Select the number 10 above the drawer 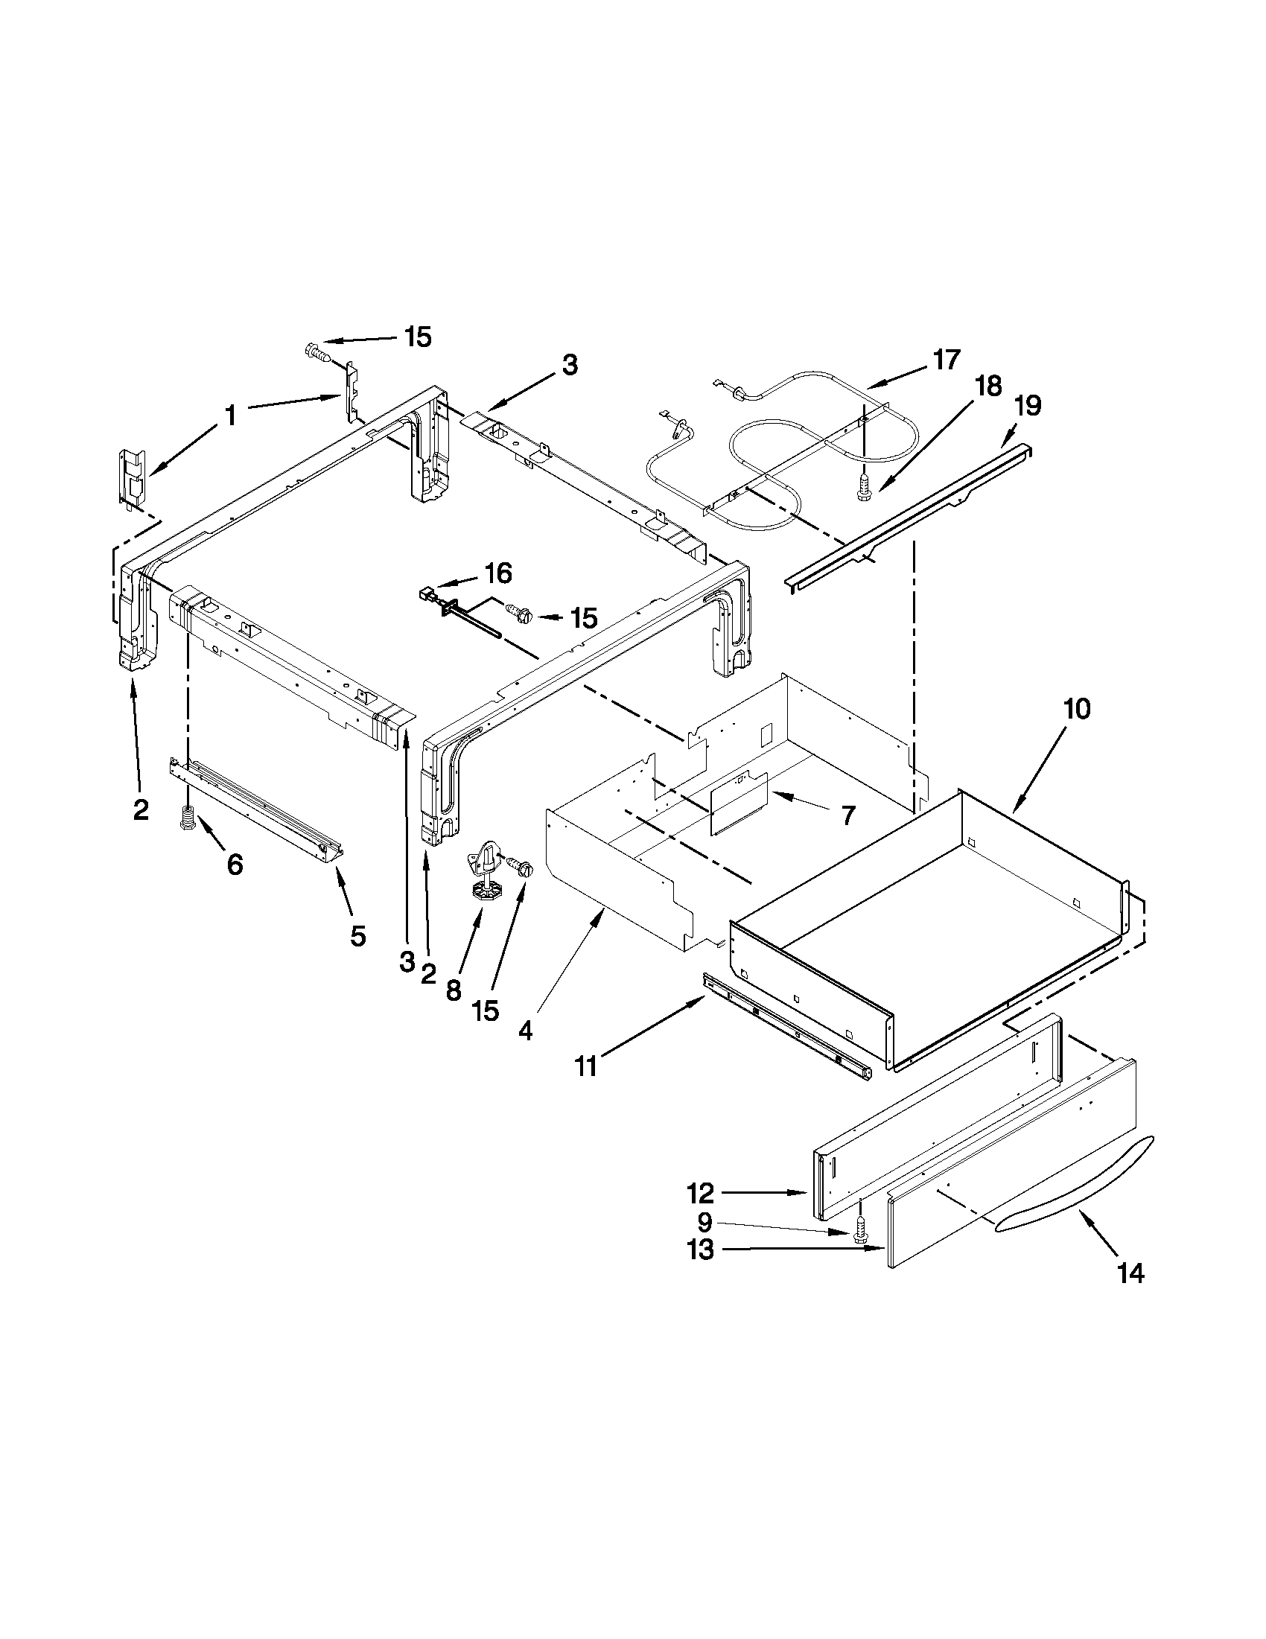pyautogui.click(x=1076, y=708)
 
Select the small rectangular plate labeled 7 pyautogui.click(x=738, y=803)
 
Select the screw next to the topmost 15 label pyautogui.click(x=316, y=351)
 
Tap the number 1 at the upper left pyautogui.click(x=230, y=414)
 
